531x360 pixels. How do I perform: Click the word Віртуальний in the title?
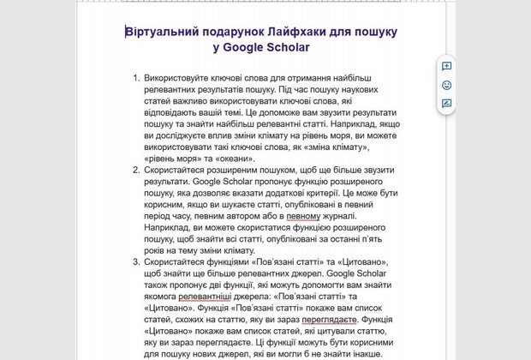164,32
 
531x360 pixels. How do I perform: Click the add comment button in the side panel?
446,66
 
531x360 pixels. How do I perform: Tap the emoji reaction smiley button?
446,85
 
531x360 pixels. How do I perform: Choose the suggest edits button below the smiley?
446,104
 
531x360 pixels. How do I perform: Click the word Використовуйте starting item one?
180,88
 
